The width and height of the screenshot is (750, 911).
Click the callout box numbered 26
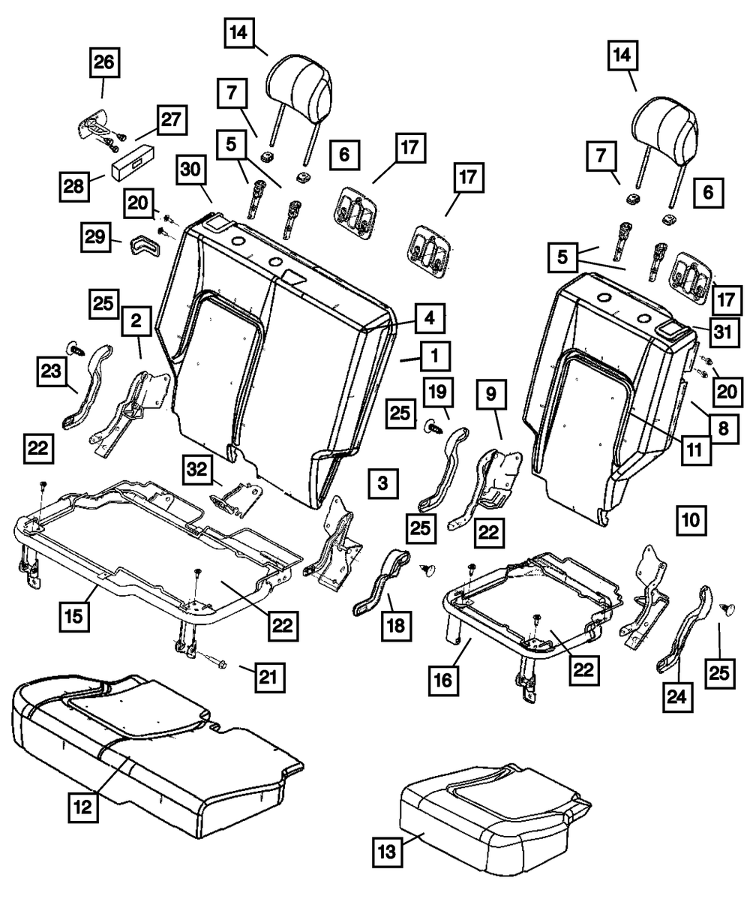click(x=103, y=64)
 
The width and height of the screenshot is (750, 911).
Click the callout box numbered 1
click(x=433, y=355)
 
